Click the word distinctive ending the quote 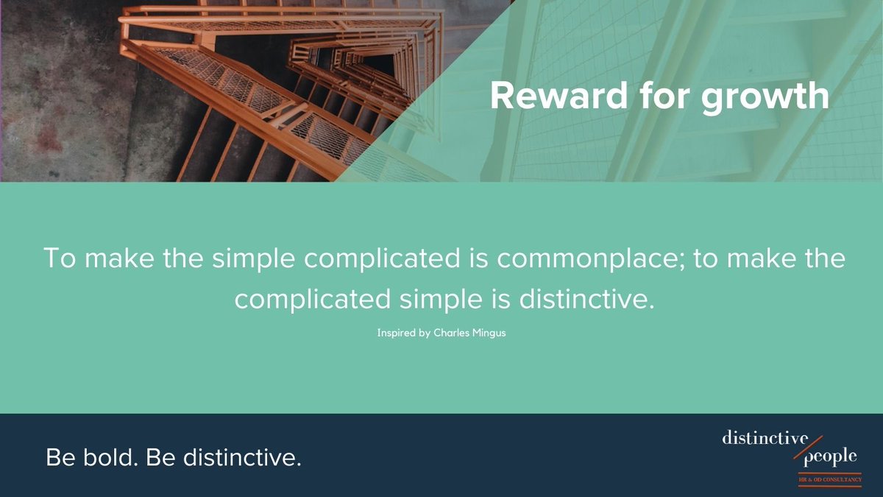pyautogui.click(x=588, y=299)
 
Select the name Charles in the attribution pyautogui.click(x=450, y=333)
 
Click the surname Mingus pyautogui.click(x=489, y=333)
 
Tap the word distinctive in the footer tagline pyautogui.click(x=242, y=458)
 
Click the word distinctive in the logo pyautogui.click(x=764, y=440)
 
